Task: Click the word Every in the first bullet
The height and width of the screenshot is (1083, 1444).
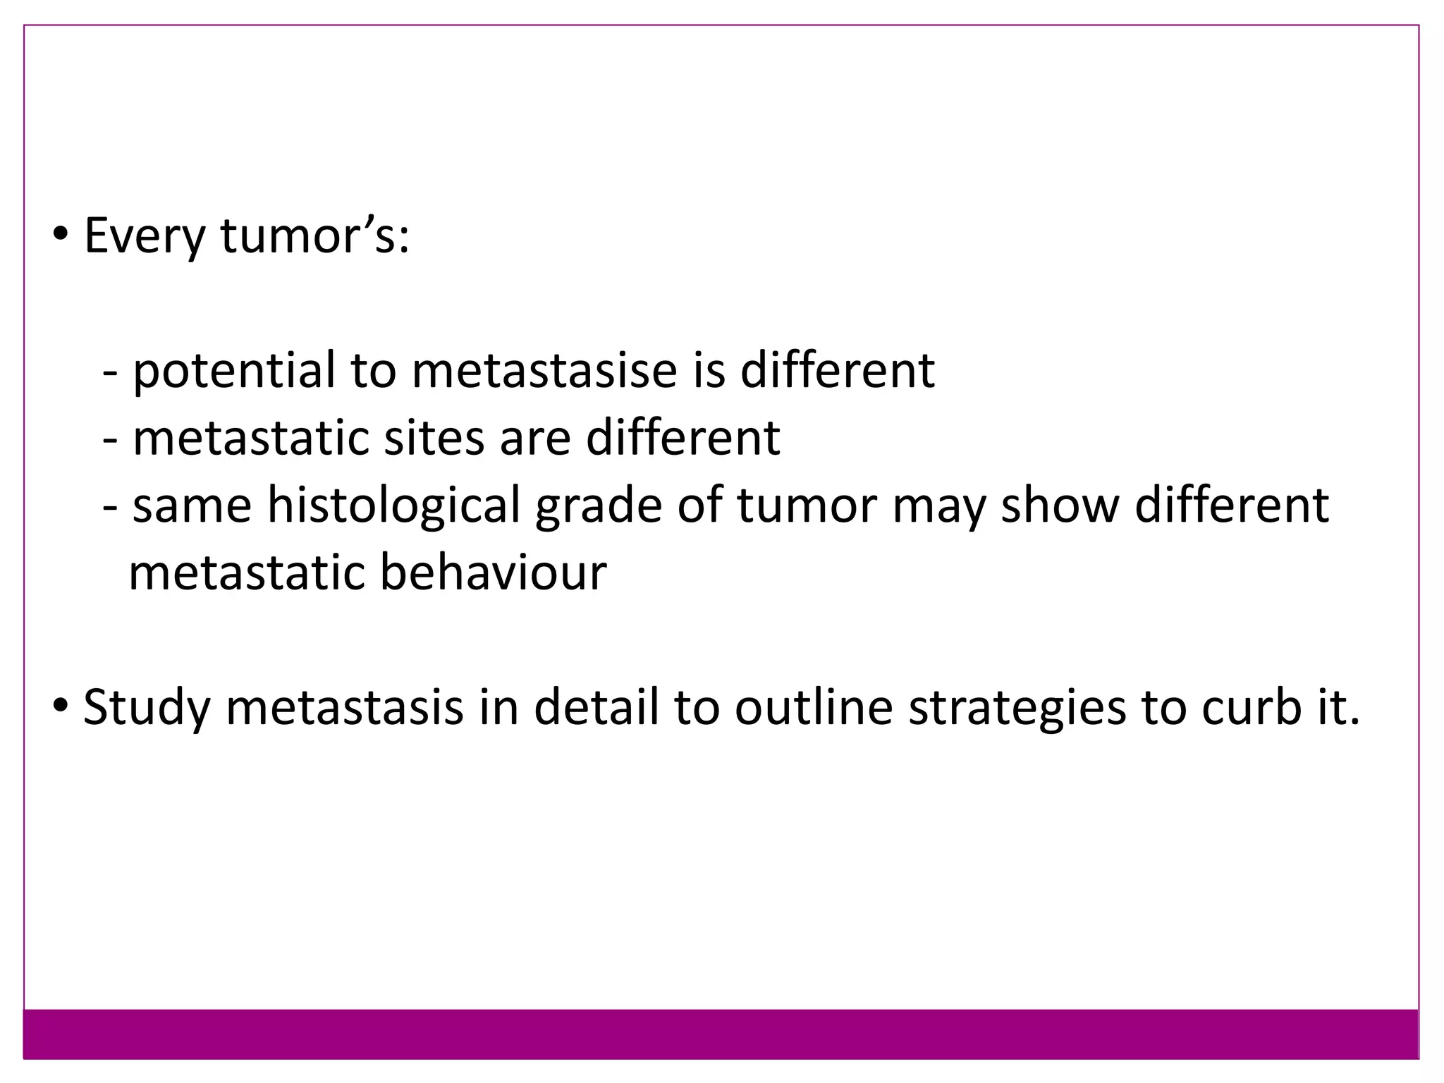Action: point(144,237)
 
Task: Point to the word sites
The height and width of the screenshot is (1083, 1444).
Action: point(434,438)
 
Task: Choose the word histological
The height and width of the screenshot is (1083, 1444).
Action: point(393,506)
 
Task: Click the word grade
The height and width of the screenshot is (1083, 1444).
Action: point(598,506)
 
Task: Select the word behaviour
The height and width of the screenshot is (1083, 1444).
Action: point(493,572)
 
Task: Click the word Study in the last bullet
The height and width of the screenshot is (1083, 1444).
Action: point(147,707)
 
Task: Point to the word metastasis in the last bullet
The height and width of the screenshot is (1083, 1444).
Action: point(345,707)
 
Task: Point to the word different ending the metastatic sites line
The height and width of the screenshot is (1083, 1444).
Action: point(683,438)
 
